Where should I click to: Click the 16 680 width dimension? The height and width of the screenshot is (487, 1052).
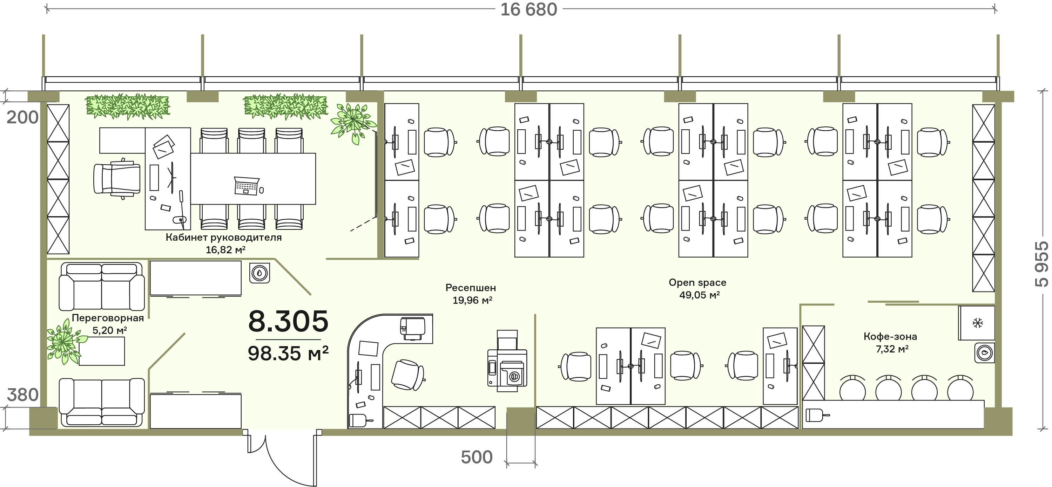point(528,9)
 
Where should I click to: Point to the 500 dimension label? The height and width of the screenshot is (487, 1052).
point(477,457)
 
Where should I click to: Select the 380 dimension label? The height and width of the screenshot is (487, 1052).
point(23,395)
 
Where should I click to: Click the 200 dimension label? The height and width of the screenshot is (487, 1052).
point(22,117)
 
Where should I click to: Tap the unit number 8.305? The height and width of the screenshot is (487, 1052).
point(288,321)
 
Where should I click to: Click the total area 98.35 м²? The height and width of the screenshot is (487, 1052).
point(288,353)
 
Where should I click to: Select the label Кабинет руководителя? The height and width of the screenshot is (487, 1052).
point(224,238)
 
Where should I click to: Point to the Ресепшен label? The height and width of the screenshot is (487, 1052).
point(471,288)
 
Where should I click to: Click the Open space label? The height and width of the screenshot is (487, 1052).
point(697,282)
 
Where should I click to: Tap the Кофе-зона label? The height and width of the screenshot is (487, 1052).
point(890,336)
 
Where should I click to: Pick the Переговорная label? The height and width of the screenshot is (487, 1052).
point(108,318)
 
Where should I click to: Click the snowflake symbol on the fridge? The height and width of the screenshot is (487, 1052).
point(977,323)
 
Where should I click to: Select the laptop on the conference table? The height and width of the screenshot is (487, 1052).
point(247,186)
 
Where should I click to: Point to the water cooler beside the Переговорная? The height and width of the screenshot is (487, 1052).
point(260,273)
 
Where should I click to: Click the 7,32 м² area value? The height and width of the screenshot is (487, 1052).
point(892,349)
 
